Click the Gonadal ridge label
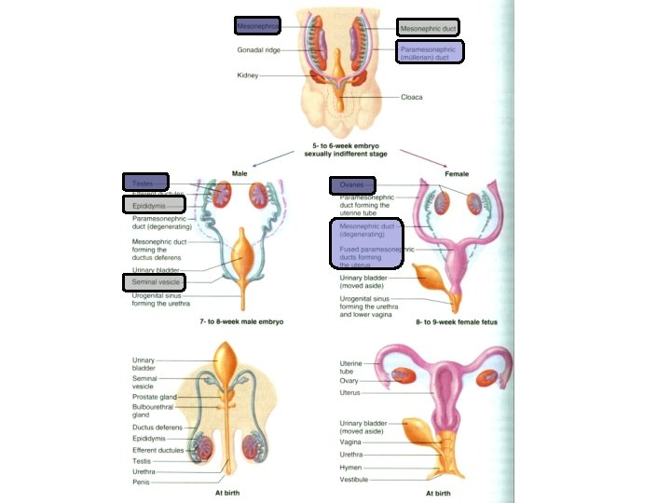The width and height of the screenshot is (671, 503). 260,50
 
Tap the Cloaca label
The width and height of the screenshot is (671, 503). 412,96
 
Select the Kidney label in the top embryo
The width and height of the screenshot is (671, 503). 247,75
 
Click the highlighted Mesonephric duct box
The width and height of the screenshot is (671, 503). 428,28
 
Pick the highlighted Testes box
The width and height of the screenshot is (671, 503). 145,183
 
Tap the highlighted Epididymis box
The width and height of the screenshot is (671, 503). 154,204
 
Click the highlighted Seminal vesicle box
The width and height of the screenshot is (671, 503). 154,281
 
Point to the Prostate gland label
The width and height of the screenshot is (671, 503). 155,397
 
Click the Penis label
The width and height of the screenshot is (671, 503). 142,483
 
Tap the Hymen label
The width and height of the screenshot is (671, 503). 351,468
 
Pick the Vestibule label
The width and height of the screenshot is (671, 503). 354,480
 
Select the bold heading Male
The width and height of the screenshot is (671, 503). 240,174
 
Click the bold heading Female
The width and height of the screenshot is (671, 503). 457,174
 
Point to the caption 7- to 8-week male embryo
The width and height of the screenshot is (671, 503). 241,321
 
